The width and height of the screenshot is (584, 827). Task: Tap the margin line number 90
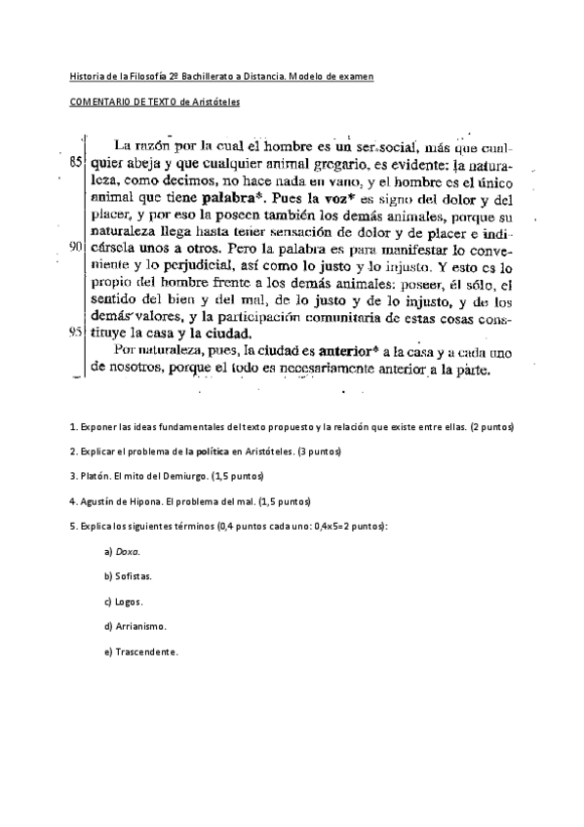pyautogui.click(x=75, y=247)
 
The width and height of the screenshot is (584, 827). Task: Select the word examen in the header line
pyautogui.click(x=355, y=76)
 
